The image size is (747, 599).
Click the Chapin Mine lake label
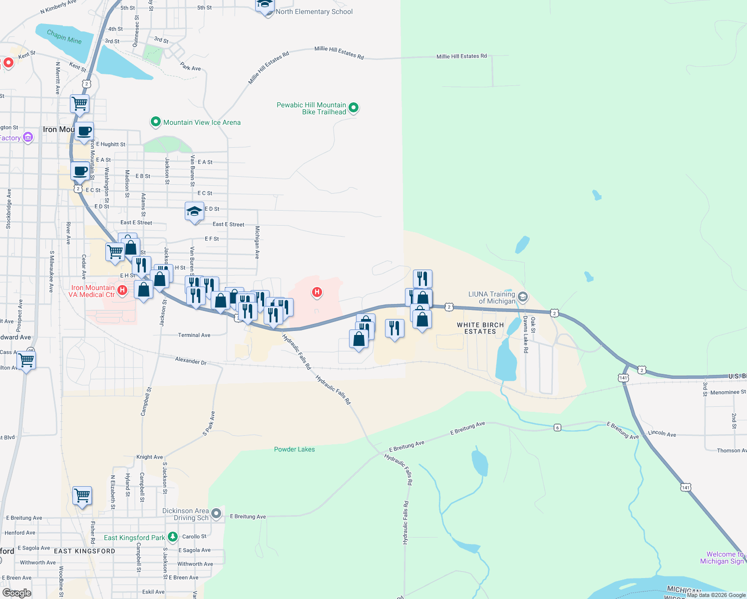click(x=64, y=37)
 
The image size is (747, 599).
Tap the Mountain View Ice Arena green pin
click(x=155, y=122)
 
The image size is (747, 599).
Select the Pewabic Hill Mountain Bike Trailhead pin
click(x=354, y=107)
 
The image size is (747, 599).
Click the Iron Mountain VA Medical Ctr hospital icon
click(x=122, y=289)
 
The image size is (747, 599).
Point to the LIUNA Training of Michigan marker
click(x=522, y=297)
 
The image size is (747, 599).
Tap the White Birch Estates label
click(x=480, y=328)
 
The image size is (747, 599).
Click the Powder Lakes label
click(x=295, y=449)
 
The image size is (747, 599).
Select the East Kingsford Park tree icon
click(x=173, y=537)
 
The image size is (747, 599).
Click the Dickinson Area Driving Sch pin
click(x=216, y=513)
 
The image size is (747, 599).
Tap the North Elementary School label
click(x=314, y=11)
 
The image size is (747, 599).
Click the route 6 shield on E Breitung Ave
click(x=557, y=427)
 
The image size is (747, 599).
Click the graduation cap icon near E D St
click(x=194, y=211)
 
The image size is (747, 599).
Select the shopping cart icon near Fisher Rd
click(x=82, y=496)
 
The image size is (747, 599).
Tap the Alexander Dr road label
click(x=191, y=360)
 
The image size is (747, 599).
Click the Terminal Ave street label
click(x=194, y=335)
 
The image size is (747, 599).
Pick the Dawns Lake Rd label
click(x=525, y=334)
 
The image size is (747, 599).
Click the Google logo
click(x=16, y=593)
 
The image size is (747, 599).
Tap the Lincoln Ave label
click(x=662, y=434)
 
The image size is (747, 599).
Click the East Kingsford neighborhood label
click(x=84, y=551)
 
